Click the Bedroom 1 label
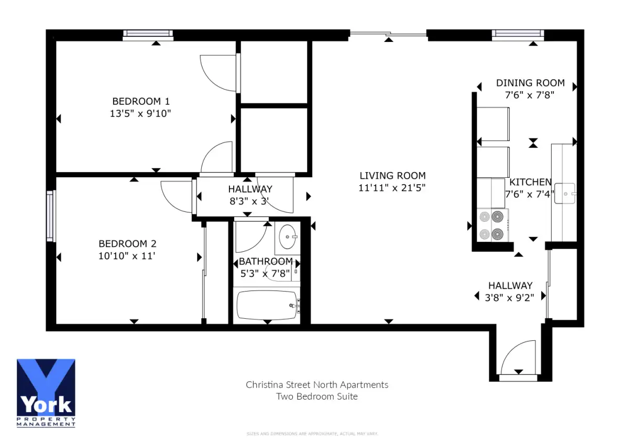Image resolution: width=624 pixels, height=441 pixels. (x=141, y=101)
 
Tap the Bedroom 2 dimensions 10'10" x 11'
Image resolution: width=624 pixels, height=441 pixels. (x=127, y=256)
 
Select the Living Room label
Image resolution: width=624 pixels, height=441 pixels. (x=392, y=176)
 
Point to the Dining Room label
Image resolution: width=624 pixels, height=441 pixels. (x=530, y=83)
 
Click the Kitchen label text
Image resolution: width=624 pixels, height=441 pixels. (x=531, y=182)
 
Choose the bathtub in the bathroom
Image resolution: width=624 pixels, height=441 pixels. (x=267, y=305)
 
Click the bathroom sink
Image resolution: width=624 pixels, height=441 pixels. (x=288, y=236)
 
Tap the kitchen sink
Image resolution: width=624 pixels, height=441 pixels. (x=565, y=193)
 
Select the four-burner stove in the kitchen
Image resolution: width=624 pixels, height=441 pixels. (x=492, y=225)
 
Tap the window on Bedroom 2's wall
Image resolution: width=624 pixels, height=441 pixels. (x=50, y=216)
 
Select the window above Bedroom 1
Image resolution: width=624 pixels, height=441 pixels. (x=148, y=35)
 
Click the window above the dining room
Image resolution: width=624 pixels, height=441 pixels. (x=518, y=35)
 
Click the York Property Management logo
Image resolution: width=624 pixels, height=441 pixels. (x=46, y=393)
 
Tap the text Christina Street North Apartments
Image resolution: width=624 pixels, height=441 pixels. (x=317, y=385)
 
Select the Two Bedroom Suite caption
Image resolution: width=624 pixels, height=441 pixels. (x=317, y=397)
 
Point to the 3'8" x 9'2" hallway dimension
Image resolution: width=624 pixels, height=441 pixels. (x=509, y=298)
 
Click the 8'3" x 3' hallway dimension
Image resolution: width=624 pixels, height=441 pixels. (x=249, y=201)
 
